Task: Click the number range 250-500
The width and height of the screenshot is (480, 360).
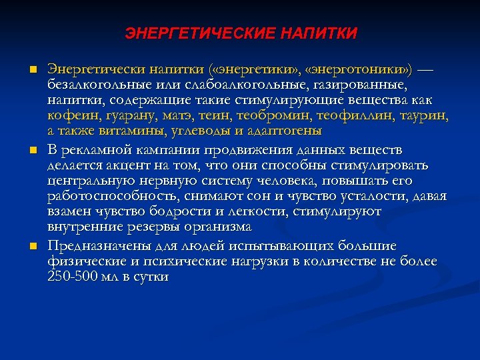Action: (69, 276)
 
